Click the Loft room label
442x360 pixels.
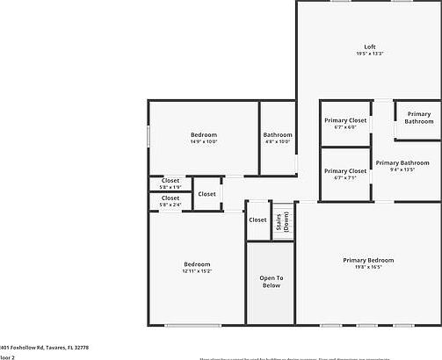(x=370, y=47)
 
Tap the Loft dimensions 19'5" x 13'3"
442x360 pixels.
(x=370, y=54)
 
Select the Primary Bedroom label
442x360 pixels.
(x=368, y=260)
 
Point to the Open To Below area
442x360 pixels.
(x=270, y=282)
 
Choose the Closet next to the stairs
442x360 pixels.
(x=257, y=220)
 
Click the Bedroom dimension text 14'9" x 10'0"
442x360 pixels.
(x=203, y=142)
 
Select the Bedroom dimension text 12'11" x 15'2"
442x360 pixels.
(x=197, y=271)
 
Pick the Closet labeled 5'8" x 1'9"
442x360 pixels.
(x=170, y=184)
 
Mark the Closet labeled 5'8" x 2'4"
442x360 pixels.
(x=170, y=201)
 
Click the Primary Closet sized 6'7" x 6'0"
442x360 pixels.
(x=345, y=123)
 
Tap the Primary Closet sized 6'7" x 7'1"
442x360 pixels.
(x=345, y=175)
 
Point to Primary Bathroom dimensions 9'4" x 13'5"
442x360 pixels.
(x=402, y=169)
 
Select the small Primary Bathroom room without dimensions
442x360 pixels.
(x=419, y=118)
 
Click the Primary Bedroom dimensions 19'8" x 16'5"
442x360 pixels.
(x=368, y=268)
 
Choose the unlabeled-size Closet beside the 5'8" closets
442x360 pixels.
(x=207, y=194)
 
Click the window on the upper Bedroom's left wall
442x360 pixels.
(x=149, y=138)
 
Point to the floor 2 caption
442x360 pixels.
(x=7, y=357)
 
